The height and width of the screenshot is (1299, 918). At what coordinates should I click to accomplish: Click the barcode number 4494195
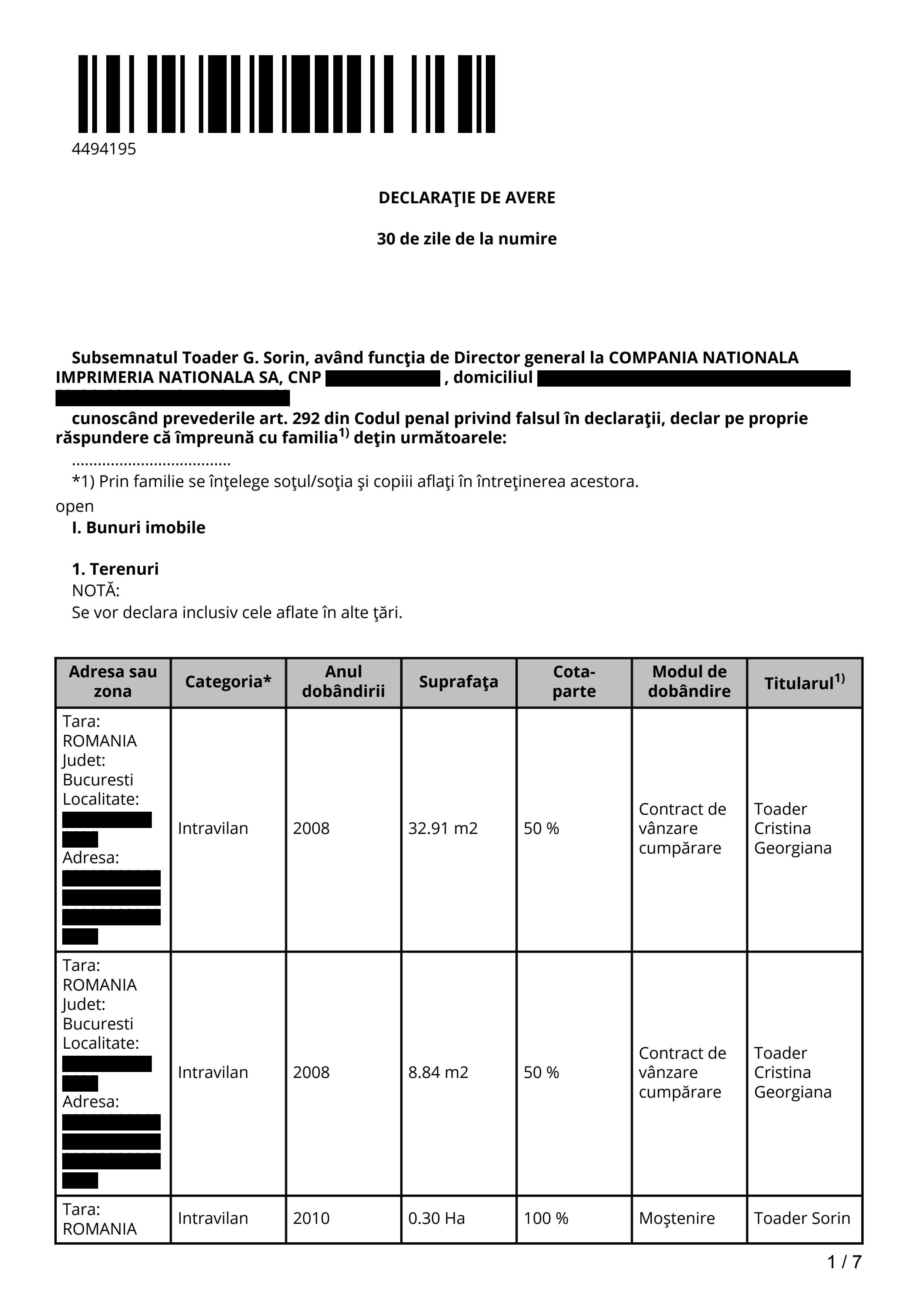point(104,149)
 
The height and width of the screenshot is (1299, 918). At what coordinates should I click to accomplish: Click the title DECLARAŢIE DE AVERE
point(467,198)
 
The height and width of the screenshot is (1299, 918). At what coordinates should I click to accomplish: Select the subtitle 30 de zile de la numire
point(467,239)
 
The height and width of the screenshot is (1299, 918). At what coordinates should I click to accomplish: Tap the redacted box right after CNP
point(383,378)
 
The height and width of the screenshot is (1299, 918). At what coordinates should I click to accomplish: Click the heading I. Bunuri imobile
point(138,528)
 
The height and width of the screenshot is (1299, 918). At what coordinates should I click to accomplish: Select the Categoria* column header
point(228,682)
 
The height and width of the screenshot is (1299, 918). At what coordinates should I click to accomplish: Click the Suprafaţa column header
point(458,682)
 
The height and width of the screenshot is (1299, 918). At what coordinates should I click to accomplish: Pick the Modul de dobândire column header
point(689,682)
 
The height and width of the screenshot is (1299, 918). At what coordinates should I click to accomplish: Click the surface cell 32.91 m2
point(443,829)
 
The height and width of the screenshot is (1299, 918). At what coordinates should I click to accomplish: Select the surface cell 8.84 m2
point(438,1073)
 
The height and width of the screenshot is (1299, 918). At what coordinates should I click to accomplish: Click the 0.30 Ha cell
point(436,1219)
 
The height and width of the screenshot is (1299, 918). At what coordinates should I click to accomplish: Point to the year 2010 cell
point(311,1219)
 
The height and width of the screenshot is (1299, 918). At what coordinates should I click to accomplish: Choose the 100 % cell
point(545,1219)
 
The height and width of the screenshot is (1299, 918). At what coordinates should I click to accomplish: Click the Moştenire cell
point(677,1219)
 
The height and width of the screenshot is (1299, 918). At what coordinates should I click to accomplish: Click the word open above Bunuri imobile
point(75,506)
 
